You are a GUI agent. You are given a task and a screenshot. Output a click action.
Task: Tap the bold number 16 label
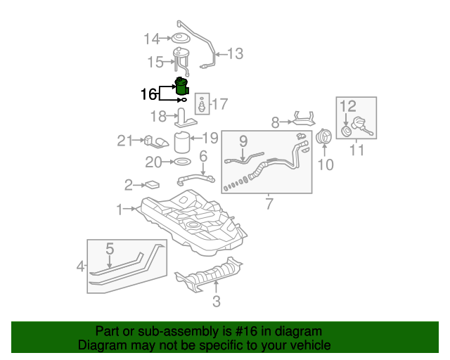[x=149, y=94]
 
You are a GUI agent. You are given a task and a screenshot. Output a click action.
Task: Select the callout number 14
[x=152, y=38]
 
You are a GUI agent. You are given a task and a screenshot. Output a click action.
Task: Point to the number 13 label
[x=234, y=53]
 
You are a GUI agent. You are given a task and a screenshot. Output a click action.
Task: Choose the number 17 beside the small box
[x=220, y=105]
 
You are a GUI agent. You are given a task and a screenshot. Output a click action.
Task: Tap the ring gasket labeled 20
[x=181, y=162]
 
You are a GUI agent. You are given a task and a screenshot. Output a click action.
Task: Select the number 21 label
[x=124, y=141]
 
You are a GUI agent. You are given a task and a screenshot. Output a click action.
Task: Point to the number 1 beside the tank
[x=120, y=209]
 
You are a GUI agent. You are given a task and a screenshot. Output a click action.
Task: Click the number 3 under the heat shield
[x=217, y=302]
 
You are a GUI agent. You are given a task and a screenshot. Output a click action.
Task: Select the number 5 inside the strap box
[x=110, y=249]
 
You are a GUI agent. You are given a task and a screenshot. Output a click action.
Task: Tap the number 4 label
[x=81, y=266]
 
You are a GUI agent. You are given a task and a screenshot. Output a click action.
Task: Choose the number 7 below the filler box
[x=268, y=205]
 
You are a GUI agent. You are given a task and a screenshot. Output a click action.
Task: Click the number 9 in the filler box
[x=243, y=141]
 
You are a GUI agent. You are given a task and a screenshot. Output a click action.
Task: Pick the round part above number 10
[x=325, y=138]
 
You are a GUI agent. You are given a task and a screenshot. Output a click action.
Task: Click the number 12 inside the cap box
[x=349, y=106]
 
